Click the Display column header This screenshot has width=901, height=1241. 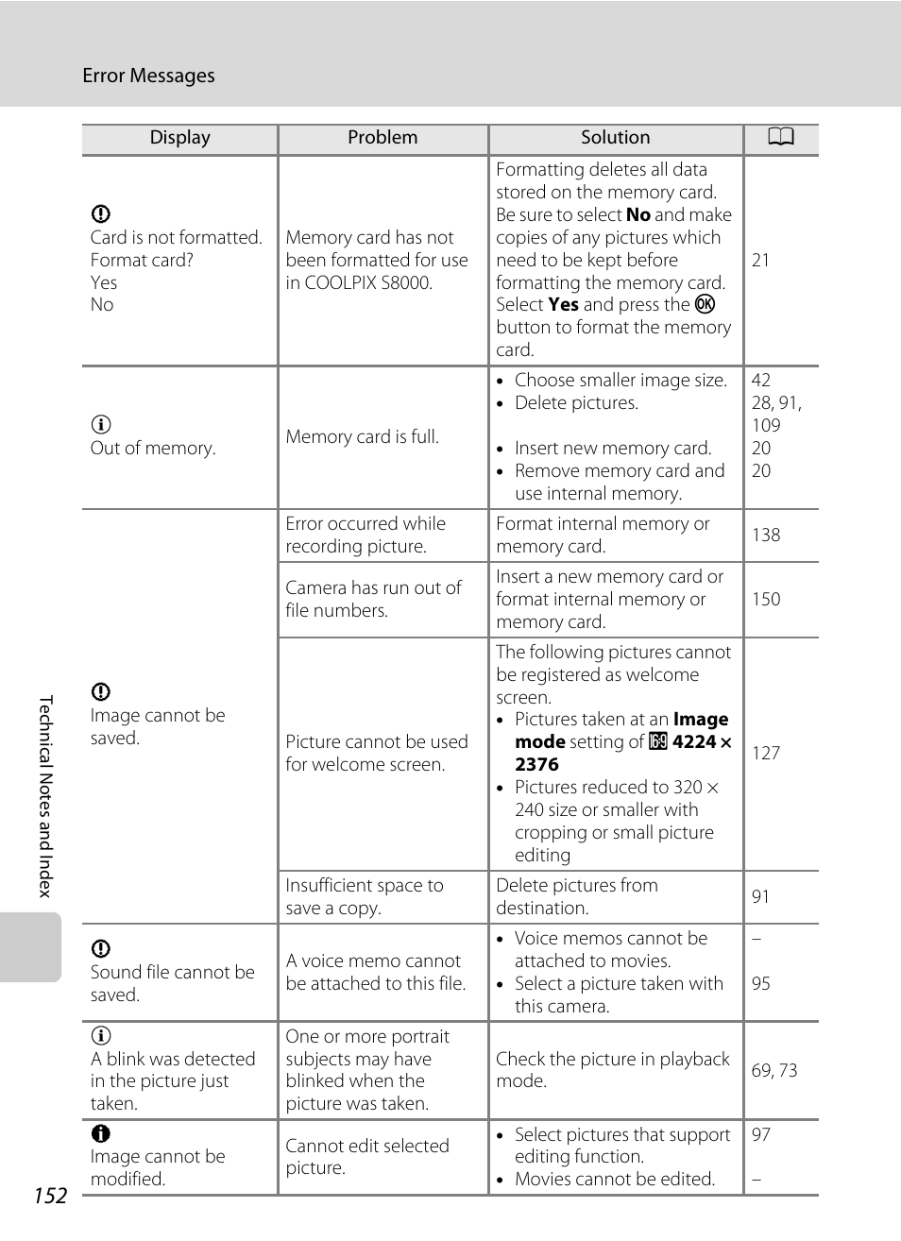pos(179,138)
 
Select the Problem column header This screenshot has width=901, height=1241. pos(382,138)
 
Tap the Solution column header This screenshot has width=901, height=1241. pos(615,138)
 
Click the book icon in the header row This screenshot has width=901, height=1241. pos(780,138)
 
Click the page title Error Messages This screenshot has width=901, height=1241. pos(148,76)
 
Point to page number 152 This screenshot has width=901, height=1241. pos(50,1196)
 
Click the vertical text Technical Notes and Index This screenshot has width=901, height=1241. pos(45,796)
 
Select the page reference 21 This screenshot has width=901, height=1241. pos(760,260)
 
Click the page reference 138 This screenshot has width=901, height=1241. pos(766,535)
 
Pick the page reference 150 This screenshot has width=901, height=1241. pos(766,599)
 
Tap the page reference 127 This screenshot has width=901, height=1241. pos(766,753)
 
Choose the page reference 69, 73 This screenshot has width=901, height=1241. pos(774,1070)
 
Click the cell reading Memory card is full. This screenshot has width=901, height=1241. pos(362,436)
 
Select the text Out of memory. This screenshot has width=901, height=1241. pos(153,448)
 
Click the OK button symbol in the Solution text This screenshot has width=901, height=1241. pos(705,304)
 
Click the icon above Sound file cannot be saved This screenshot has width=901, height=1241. pos(101,948)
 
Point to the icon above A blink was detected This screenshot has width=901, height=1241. pos(101,1035)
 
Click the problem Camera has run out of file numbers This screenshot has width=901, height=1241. pos(374,599)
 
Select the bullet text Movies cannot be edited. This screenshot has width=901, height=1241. pos(615,1179)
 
